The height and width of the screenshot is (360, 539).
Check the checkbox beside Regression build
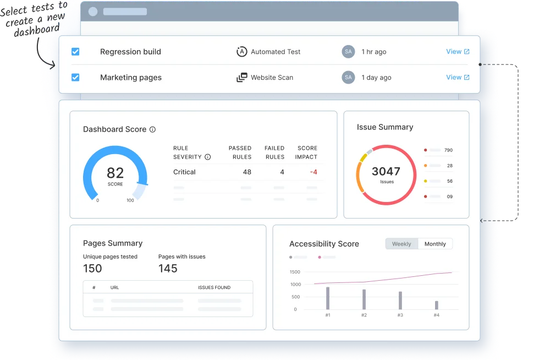(x=75, y=52)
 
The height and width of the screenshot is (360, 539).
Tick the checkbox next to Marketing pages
(x=75, y=78)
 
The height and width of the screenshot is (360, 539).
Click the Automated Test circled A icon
(x=241, y=52)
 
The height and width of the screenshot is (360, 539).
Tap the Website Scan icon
(x=241, y=78)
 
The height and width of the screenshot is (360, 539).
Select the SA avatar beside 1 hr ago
(x=348, y=52)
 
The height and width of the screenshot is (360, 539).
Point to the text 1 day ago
(x=376, y=78)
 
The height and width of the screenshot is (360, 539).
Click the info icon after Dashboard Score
(x=152, y=129)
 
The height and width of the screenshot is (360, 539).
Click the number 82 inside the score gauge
(x=116, y=173)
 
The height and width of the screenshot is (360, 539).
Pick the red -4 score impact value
(x=313, y=172)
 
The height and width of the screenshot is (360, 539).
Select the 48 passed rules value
(x=247, y=172)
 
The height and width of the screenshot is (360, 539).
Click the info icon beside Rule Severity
(x=207, y=157)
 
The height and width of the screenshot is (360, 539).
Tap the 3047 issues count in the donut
(x=386, y=171)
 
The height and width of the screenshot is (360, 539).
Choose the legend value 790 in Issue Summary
(x=448, y=150)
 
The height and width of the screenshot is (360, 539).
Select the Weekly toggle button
(x=402, y=244)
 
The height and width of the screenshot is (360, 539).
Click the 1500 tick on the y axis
(x=295, y=272)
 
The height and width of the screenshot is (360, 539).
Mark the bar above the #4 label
(x=437, y=305)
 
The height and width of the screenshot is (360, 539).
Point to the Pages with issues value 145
(x=168, y=269)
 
